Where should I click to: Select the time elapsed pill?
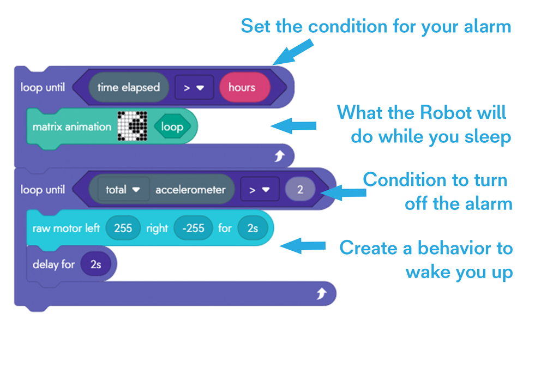coord(129,87)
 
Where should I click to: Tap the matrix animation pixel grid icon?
coord(133,126)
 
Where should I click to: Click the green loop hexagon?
coord(172,127)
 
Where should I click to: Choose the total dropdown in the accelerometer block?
coord(123,190)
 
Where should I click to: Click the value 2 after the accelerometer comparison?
coord(299,190)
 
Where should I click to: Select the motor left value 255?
coord(123,228)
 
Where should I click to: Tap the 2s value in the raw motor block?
coord(253,228)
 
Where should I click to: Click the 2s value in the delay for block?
coord(95,264)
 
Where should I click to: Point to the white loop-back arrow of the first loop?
coord(280,156)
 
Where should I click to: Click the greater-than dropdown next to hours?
coord(194,87)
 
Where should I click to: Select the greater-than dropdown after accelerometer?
coord(260,190)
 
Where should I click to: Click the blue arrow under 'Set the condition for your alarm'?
coord(292,53)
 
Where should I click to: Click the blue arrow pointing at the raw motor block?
coord(303,245)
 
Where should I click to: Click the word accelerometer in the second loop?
coord(190,190)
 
